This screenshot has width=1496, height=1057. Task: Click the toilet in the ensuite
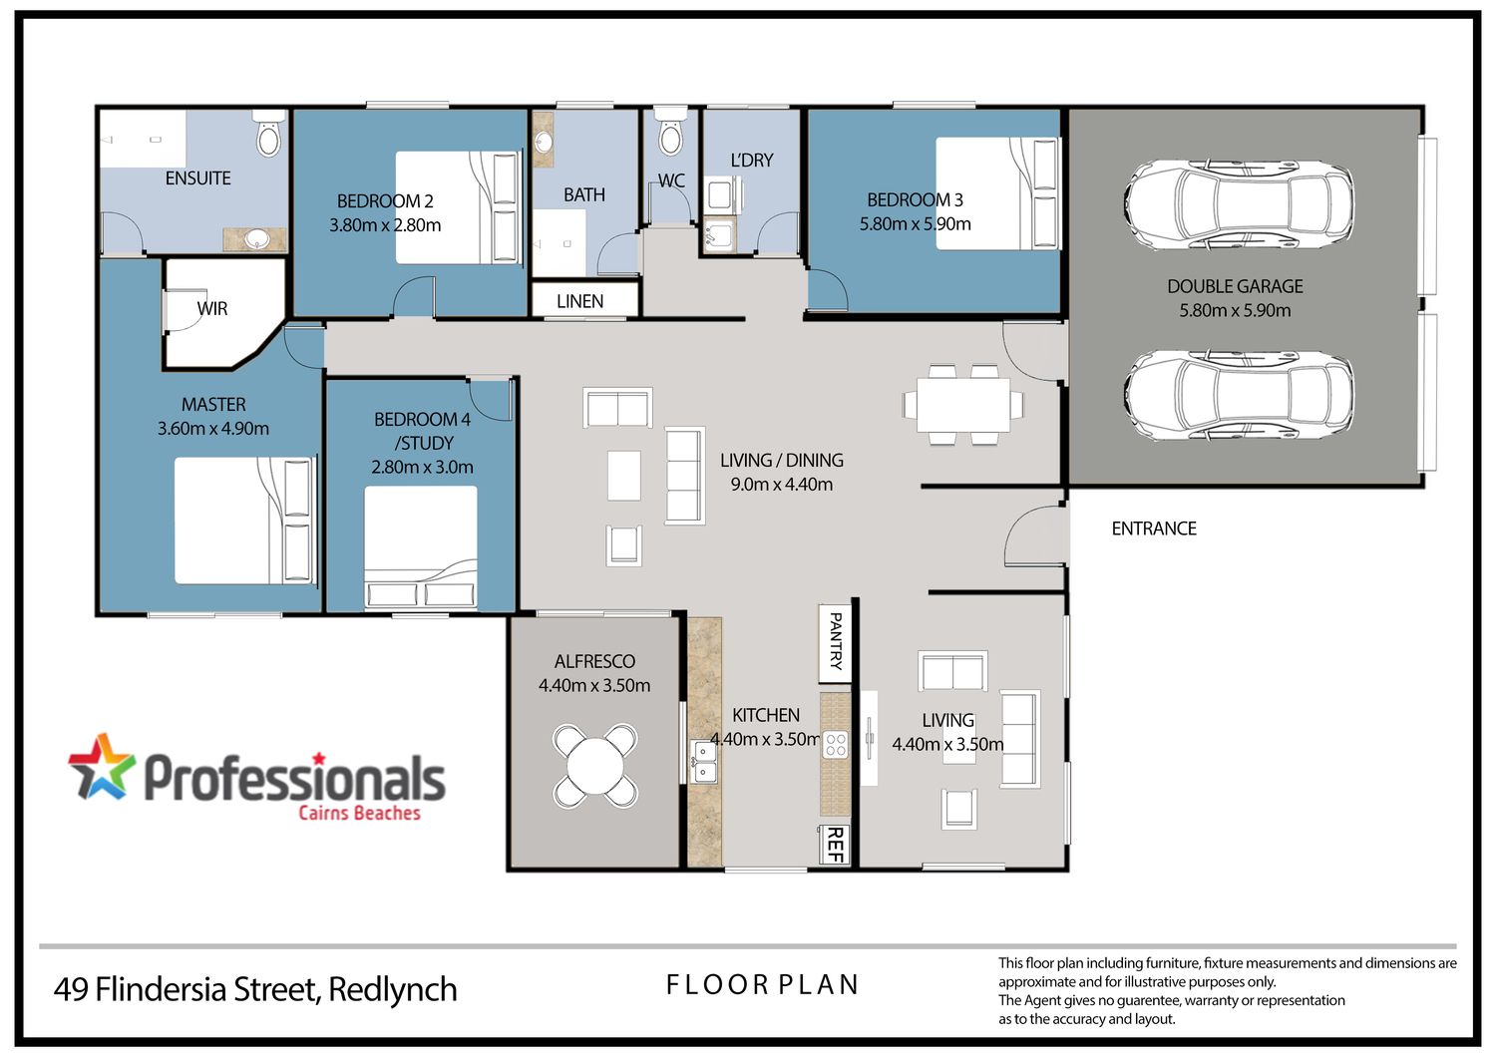269,135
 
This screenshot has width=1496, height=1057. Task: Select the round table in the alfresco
594,765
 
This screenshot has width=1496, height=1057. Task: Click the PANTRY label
835,641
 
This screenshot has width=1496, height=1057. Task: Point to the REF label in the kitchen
835,845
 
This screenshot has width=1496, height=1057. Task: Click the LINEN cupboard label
579,301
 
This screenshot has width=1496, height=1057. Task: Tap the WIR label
212,308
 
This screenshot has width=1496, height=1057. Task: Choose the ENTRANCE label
1153,528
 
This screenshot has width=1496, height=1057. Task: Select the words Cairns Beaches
359,813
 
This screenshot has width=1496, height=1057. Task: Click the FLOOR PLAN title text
762,985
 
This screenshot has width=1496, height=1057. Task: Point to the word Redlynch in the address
393,989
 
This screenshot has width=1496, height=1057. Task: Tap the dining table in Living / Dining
963,405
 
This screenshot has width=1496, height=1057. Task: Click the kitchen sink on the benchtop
703,762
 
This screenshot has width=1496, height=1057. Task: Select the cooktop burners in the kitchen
836,744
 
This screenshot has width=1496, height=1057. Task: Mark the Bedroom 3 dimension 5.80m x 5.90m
915,223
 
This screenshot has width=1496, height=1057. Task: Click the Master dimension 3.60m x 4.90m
213,428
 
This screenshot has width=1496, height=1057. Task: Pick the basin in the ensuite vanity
255,238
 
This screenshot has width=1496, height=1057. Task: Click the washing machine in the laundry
721,195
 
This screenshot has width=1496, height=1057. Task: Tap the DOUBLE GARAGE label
1235,286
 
